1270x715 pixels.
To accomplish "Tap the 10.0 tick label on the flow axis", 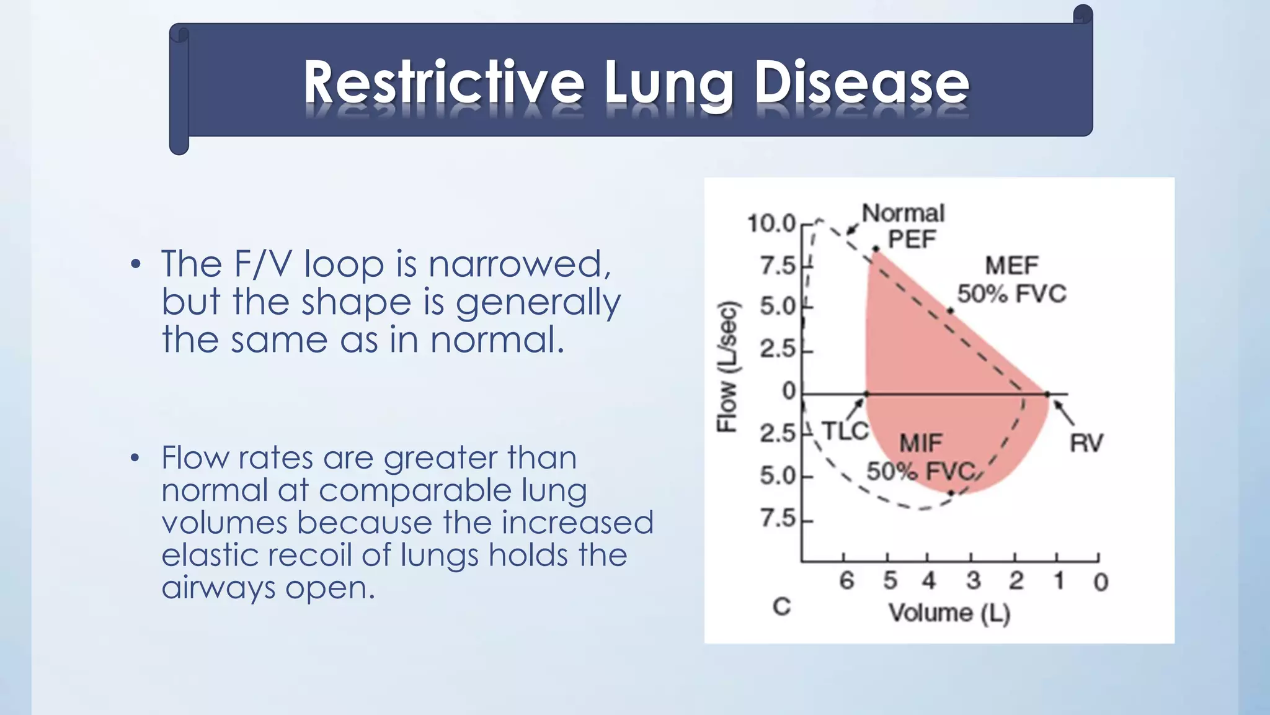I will pyautogui.click(x=771, y=223).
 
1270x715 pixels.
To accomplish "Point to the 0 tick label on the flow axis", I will pyautogui.click(x=788, y=392).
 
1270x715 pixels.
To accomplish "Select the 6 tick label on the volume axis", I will pyautogui.click(x=846, y=581).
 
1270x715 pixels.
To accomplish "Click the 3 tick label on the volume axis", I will pyautogui.click(x=973, y=581).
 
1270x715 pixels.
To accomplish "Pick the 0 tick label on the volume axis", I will pyautogui.click(x=1100, y=582).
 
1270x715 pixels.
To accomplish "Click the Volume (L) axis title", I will pyautogui.click(x=949, y=613).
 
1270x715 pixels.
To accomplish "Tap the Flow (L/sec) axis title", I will pyautogui.click(x=727, y=366).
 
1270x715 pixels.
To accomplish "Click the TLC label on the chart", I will pyautogui.click(x=845, y=431).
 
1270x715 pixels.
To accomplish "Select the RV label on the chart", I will pyautogui.click(x=1086, y=443).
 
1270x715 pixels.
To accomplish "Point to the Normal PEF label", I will pyautogui.click(x=904, y=226).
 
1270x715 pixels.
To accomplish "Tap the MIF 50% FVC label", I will pyautogui.click(x=921, y=458).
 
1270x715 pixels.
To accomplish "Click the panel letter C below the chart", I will pyautogui.click(x=781, y=606).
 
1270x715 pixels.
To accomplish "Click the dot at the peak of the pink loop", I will pyautogui.click(x=876, y=249).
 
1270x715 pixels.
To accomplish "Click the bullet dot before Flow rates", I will pyautogui.click(x=136, y=459).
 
